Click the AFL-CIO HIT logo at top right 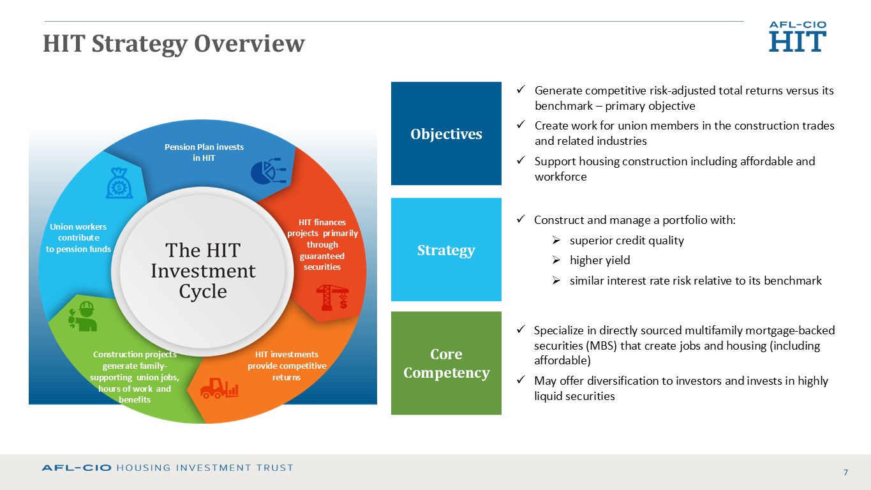click(x=798, y=36)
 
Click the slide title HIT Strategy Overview click(x=174, y=43)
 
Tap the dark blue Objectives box click(x=446, y=133)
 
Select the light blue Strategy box click(x=446, y=249)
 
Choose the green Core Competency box click(x=446, y=363)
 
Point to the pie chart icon click(x=269, y=171)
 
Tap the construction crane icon click(x=332, y=297)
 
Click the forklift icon click(x=220, y=388)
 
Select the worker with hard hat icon click(x=82, y=316)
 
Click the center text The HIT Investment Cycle click(x=203, y=271)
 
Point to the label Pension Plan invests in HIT click(x=204, y=152)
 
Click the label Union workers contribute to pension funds click(x=78, y=237)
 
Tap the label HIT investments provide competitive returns click(x=287, y=366)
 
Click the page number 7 click(x=845, y=473)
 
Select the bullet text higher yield click(x=600, y=260)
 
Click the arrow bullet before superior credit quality click(x=556, y=241)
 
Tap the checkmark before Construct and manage click(x=521, y=219)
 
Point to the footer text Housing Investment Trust click(x=205, y=468)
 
